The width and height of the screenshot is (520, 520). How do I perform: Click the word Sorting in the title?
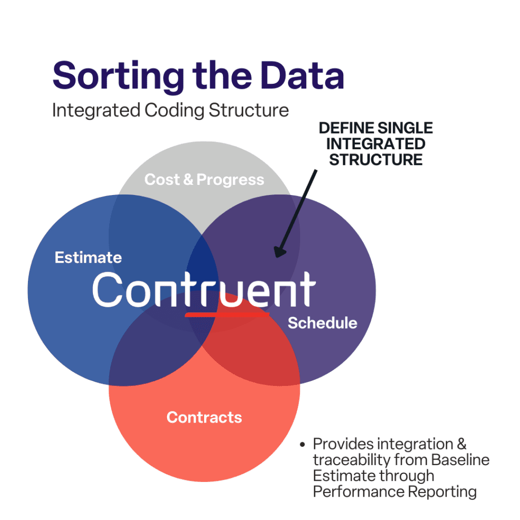tap(118, 77)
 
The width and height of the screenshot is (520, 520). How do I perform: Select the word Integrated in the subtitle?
tap(96, 110)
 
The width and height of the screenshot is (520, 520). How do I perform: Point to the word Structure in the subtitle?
tap(249, 110)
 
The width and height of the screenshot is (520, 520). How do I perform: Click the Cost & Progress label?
tap(204, 180)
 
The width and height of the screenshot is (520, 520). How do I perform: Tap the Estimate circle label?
tap(88, 257)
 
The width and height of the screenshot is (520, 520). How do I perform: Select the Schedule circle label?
tap(322, 322)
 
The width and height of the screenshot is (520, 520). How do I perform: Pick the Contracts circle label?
tap(204, 417)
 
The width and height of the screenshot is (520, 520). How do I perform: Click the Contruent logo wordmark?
tap(204, 289)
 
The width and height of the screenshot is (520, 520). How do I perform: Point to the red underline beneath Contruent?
tap(227, 314)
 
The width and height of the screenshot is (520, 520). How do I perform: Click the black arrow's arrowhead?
tap(279, 252)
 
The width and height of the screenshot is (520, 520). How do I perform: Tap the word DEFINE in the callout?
tap(347, 128)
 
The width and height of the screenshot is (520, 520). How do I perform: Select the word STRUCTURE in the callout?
tap(376, 160)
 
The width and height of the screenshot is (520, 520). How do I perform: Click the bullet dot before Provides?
tap(302, 444)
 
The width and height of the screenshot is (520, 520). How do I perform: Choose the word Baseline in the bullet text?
tap(460, 460)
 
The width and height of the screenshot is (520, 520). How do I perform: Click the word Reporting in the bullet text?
tap(442, 492)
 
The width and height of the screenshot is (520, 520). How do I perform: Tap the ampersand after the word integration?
tap(462, 444)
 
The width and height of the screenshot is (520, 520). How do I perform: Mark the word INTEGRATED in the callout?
tap(376, 144)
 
